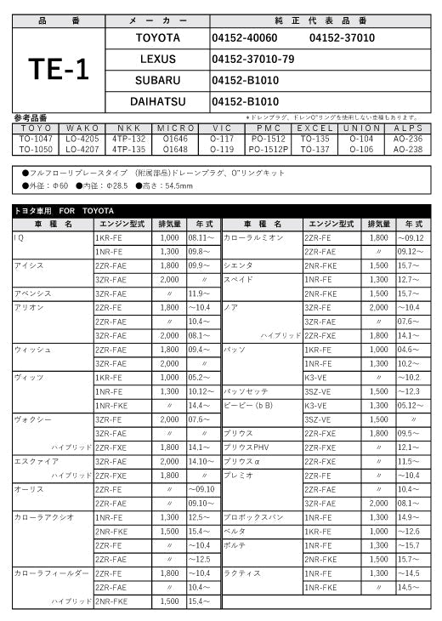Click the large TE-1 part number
pyautogui.click(x=58, y=70)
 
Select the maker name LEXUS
pyautogui.click(x=157, y=59)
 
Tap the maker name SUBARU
pyautogui.click(x=157, y=80)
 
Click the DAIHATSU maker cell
pyautogui.click(x=157, y=101)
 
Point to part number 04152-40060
pyautogui.click(x=244, y=38)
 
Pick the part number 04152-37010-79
pyautogui.click(x=252, y=59)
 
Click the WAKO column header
pyautogui.click(x=82, y=128)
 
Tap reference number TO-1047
pyautogui.click(x=36, y=138)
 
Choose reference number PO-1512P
pyautogui.click(x=269, y=149)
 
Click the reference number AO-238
pyautogui.click(x=408, y=149)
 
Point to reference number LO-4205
pyautogui.click(x=82, y=138)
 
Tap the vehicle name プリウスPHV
pyautogui.click(x=246, y=447)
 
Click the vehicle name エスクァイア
pyautogui.click(x=37, y=461)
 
